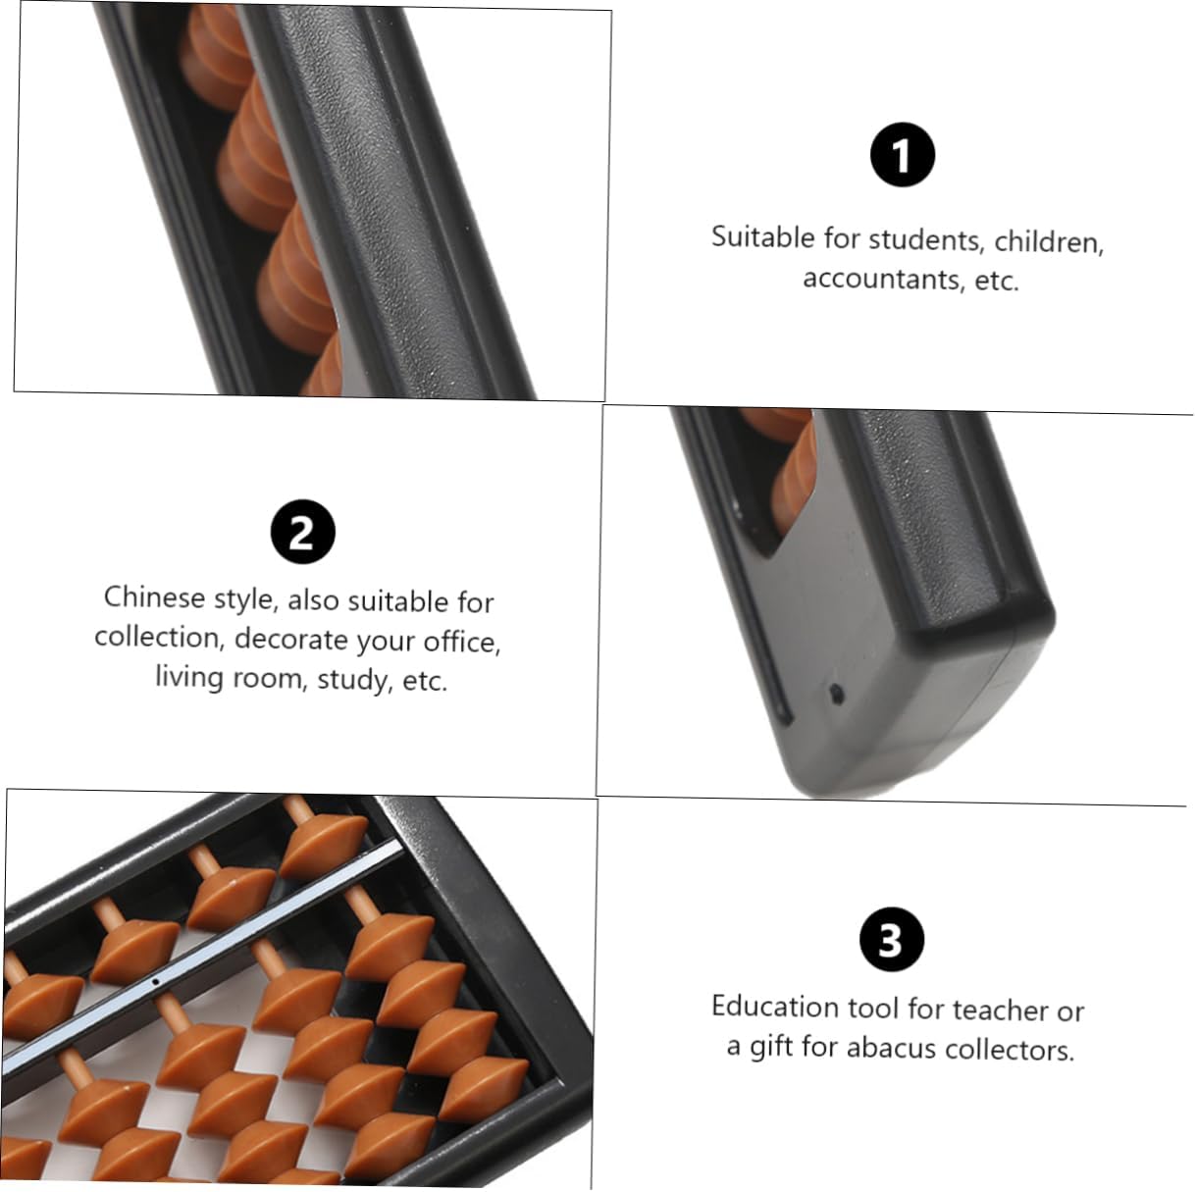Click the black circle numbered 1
click(902, 155)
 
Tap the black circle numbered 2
click(303, 532)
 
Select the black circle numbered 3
click(891, 939)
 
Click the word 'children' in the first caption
click(1049, 242)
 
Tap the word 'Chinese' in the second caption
click(155, 597)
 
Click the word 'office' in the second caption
click(462, 642)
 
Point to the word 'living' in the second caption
click(189, 676)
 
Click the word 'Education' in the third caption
click(775, 1007)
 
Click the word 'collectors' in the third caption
click(1010, 1050)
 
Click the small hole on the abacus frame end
click(836, 693)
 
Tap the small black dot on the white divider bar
click(155, 981)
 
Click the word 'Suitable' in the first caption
click(762, 236)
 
